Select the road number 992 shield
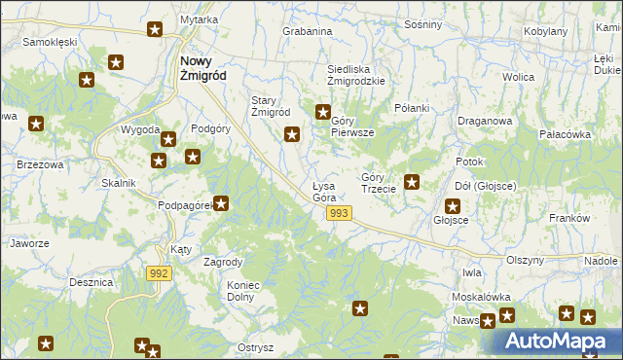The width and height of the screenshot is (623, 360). pos(161,274)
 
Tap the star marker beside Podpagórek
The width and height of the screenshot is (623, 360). pos(222,203)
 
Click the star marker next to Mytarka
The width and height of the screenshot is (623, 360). pos(155,30)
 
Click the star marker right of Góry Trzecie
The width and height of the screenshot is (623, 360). pos(412,180)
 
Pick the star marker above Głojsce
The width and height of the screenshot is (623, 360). pos(453,205)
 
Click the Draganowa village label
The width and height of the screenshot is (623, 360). pos(484,121)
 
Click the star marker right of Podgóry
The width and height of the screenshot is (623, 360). pos(193,157)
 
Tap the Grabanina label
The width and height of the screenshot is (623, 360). pos(308,31)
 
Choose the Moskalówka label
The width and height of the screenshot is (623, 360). pos(481,296)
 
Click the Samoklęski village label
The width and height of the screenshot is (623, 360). pos(50,43)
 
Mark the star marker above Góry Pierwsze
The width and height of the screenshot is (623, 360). pos(323,111)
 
